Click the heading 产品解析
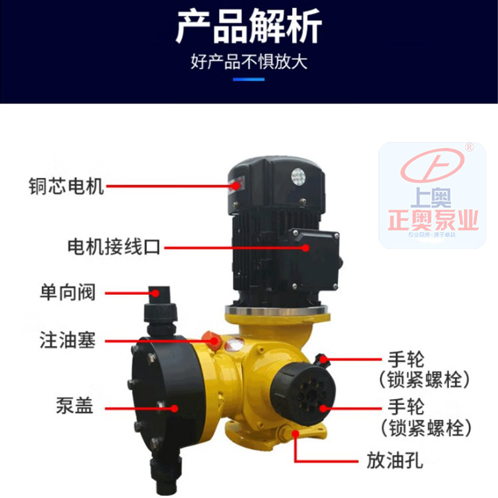click(x=248, y=28)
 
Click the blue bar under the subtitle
click(x=249, y=80)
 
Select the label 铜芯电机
click(x=66, y=185)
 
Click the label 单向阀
click(x=66, y=291)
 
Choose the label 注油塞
click(x=66, y=341)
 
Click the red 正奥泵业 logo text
click(x=432, y=219)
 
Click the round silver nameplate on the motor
click(x=297, y=177)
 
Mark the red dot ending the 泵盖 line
click(x=175, y=406)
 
